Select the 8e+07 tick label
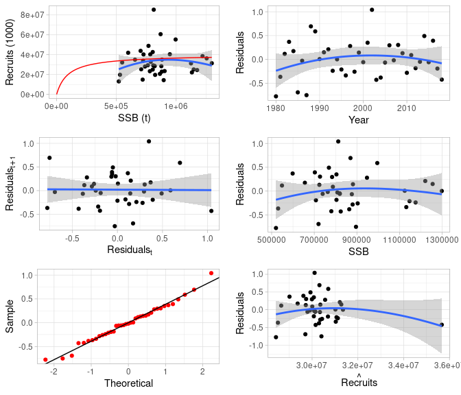(32, 14)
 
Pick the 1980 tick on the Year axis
(276, 107)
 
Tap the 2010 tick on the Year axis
(407, 107)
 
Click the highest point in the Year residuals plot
(372, 10)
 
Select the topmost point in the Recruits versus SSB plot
(154, 10)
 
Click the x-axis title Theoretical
(128, 383)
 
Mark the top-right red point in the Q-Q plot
(211, 273)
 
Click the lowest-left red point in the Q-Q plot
(46, 360)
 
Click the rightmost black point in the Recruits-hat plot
(442, 324)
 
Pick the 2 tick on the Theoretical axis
(202, 371)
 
